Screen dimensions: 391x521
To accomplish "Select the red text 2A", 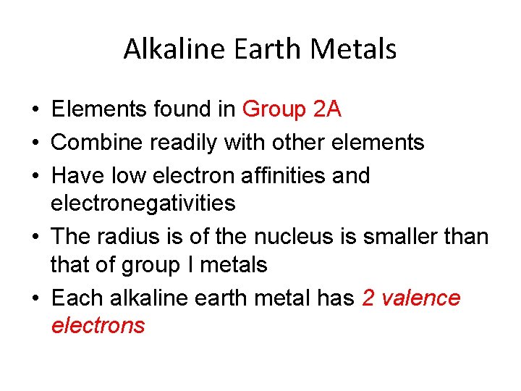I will tap(326, 109).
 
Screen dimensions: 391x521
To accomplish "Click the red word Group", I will tap(274, 109).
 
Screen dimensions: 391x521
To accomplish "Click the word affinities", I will tap(288, 175).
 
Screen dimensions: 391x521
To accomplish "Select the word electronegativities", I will tap(143, 203).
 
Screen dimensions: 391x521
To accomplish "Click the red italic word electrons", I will tap(98, 326).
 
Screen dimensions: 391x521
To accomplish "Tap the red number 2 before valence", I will tap(368, 298).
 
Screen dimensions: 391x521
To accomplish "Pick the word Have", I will tap(75, 175).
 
